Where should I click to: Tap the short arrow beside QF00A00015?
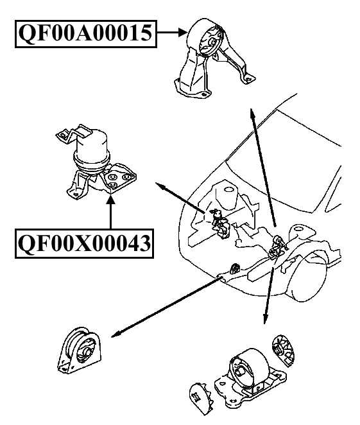click(x=171, y=31)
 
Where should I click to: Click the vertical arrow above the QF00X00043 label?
click(x=110, y=213)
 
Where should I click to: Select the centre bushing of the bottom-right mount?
click(x=239, y=370)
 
